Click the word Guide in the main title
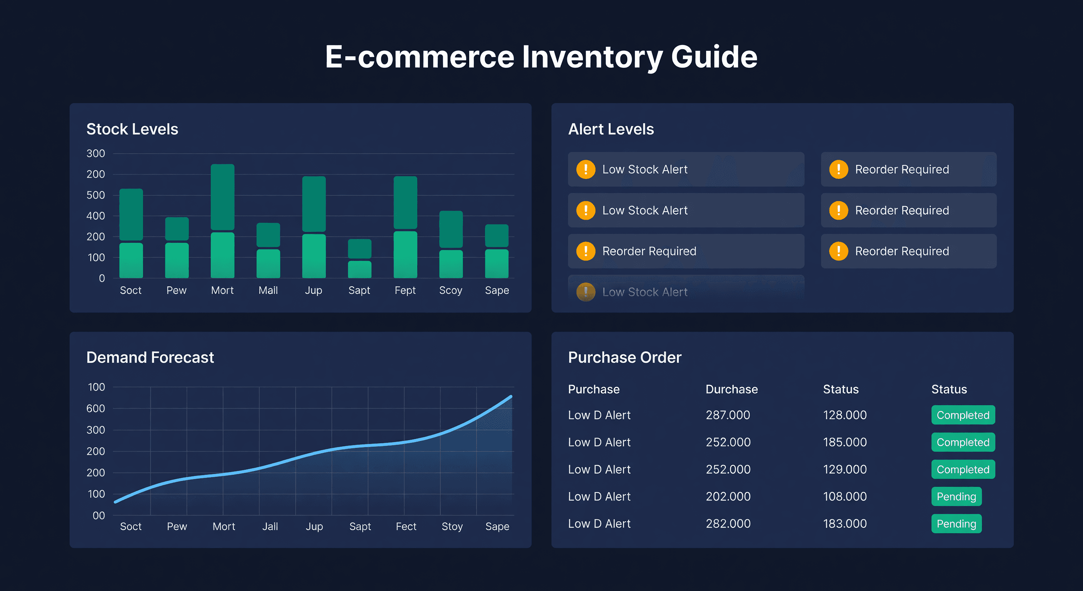coord(713,57)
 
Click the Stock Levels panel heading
coord(132,129)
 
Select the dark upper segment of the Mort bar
coord(222,197)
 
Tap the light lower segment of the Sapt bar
coord(360,269)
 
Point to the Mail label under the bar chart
coord(268,290)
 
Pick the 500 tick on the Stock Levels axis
coord(95,195)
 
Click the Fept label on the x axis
coord(405,290)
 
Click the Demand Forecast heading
coord(150,357)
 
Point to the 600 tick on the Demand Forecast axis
coord(95,409)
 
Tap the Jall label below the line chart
coord(270,526)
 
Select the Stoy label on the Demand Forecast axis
coord(452,526)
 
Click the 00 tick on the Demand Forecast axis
coord(98,515)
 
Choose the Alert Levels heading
coord(610,129)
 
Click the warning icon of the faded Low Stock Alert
coord(586,292)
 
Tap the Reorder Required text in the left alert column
coord(649,251)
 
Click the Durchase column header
coord(731,389)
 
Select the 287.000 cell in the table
coord(728,415)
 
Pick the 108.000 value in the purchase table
coord(845,496)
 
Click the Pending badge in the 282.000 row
coord(956,524)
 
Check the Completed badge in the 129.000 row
coord(963,469)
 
